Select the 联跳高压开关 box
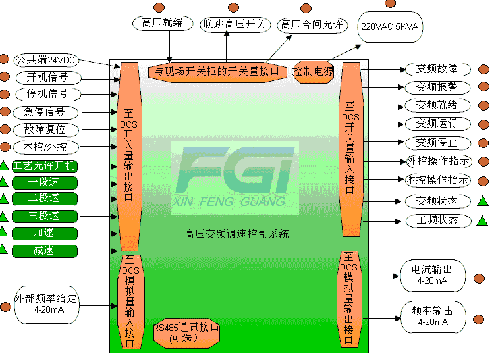235,24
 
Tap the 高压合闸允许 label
312,25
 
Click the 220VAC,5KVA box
390,28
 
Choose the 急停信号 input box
45,111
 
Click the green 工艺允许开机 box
45,165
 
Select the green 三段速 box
45,215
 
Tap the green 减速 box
45,250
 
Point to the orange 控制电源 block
314,71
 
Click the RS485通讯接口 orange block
186,332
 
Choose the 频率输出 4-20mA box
432,317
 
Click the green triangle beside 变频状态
483,201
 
